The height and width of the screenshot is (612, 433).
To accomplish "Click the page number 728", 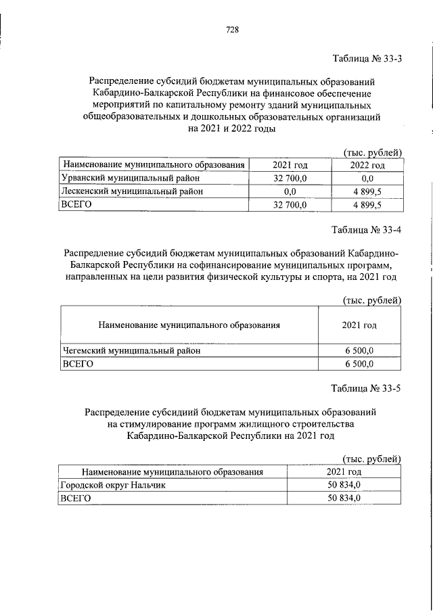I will pyautogui.click(x=231, y=29).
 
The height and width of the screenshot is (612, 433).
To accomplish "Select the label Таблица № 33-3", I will pyautogui.click(x=368, y=58).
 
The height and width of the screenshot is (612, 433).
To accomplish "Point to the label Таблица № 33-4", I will pyautogui.click(x=368, y=228).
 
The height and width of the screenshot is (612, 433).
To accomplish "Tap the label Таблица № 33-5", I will pyautogui.click(x=368, y=389).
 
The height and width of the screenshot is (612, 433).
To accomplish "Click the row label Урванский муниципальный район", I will pyautogui.click(x=122, y=178).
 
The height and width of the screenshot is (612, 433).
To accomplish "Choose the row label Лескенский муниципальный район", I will pyautogui.click(x=124, y=191).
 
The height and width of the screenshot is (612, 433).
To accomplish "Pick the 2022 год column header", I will pyautogui.click(x=367, y=165).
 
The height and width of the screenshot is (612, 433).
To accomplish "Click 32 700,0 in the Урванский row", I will pyautogui.click(x=290, y=179).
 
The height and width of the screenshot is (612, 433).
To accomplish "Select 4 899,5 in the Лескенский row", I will pyautogui.click(x=367, y=191).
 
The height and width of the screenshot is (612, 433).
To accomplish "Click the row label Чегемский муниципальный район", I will pyautogui.click(x=133, y=351).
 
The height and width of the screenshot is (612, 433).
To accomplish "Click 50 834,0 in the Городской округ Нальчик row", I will pyautogui.click(x=344, y=485).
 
